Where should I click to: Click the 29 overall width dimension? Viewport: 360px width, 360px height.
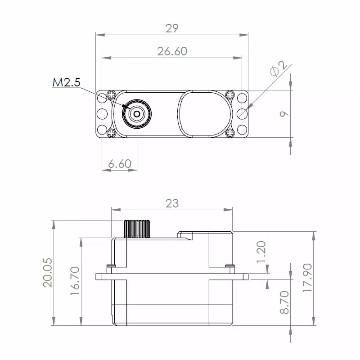(x=172, y=28)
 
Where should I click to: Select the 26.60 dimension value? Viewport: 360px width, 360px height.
(x=172, y=51)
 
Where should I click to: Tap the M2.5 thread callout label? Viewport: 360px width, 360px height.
(x=66, y=82)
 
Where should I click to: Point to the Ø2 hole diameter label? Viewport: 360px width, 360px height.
(x=279, y=68)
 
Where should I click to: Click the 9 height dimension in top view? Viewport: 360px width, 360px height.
(x=283, y=114)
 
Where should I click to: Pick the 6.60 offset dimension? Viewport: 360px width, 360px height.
(x=120, y=164)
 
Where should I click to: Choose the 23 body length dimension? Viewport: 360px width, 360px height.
(x=172, y=203)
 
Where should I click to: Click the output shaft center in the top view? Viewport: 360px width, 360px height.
(x=137, y=113)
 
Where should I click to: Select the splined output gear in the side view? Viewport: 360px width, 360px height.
(x=137, y=229)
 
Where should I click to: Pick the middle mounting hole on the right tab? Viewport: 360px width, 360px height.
(x=242, y=114)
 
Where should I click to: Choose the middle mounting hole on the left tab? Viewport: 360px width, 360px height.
(x=102, y=114)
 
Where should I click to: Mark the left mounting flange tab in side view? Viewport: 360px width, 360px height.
(x=103, y=275)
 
